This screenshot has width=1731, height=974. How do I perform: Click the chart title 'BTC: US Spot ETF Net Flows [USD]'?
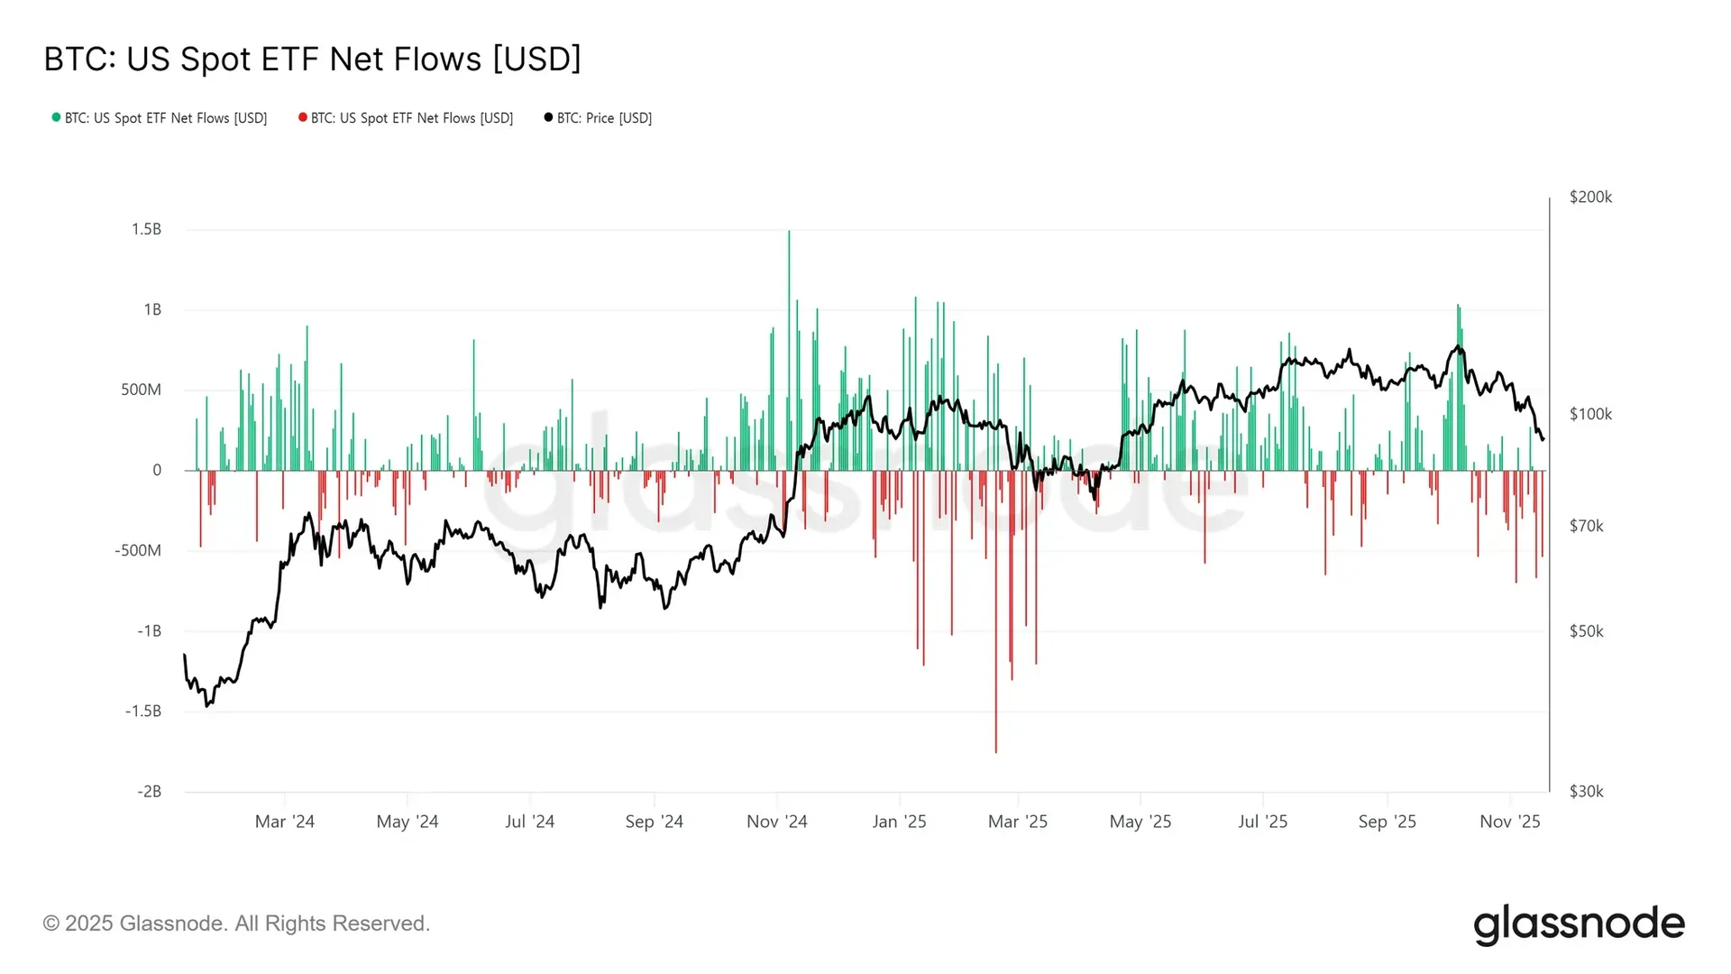312,60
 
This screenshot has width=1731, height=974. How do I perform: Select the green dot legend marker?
56,117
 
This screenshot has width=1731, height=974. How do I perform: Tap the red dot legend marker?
303,117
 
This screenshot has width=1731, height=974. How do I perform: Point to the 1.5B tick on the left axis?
146,229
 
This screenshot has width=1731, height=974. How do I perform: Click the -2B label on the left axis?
149,792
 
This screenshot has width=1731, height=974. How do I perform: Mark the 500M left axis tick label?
141,390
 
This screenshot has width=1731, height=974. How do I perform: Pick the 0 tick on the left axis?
157,470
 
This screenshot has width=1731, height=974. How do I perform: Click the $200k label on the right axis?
1590,197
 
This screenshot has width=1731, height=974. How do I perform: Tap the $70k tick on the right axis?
1586,526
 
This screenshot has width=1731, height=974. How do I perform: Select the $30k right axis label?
1586,792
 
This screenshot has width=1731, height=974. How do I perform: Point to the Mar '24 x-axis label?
284,822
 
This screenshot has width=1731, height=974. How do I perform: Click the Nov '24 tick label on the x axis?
776,822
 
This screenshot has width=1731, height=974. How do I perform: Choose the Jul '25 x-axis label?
1262,822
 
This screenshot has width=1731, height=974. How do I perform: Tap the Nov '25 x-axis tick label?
1509,822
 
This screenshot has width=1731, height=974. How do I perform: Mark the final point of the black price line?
1543,439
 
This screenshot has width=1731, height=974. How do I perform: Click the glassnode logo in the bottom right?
1579,924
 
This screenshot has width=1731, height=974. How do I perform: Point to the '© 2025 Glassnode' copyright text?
236,923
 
